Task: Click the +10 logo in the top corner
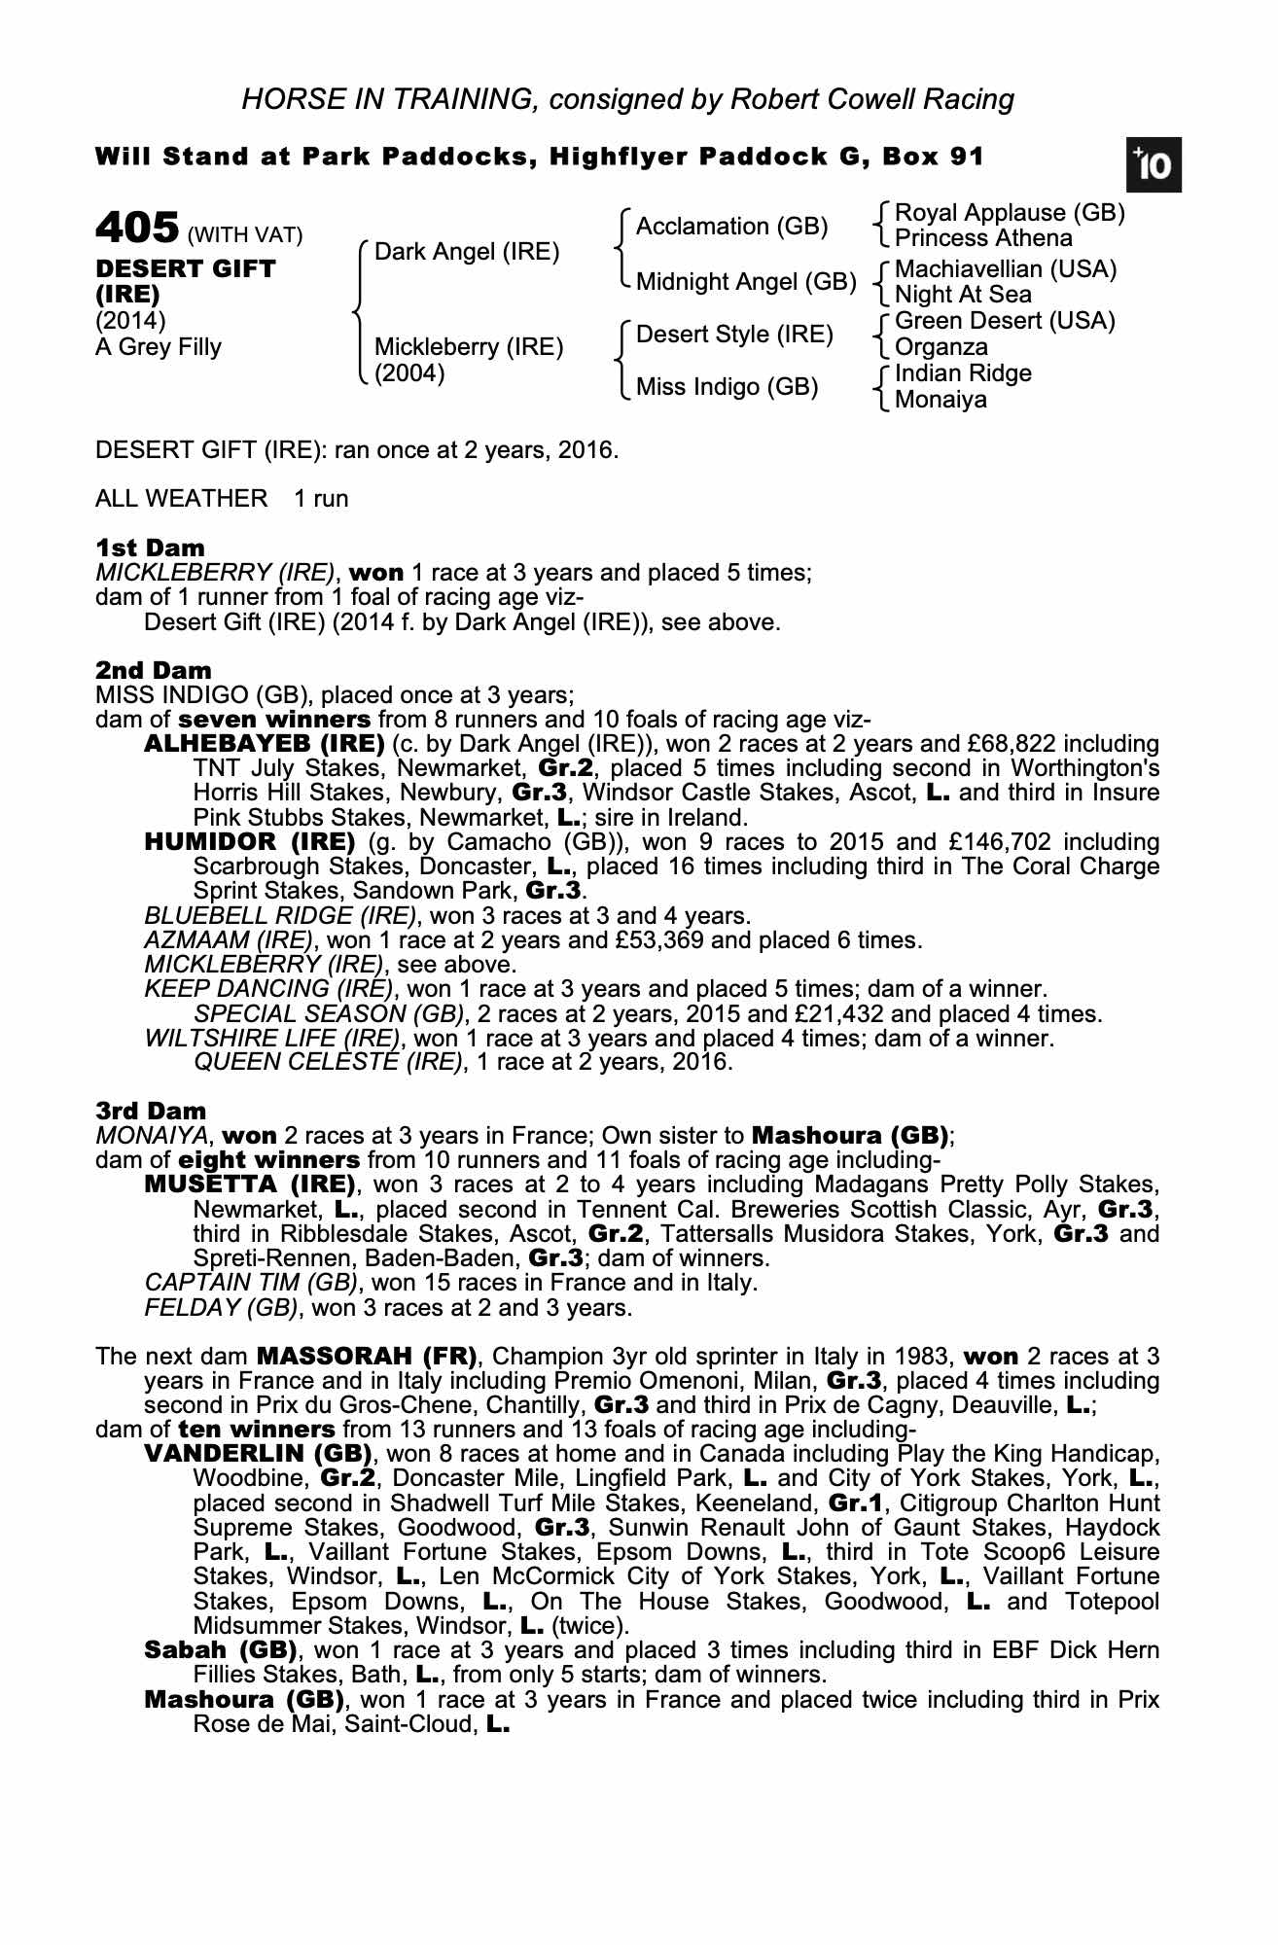(1154, 165)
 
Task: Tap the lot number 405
(137, 230)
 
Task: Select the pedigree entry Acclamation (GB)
(731, 227)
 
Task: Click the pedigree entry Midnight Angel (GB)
(746, 282)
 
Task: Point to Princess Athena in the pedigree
(983, 238)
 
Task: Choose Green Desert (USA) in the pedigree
(1005, 321)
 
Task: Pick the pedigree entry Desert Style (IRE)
(734, 335)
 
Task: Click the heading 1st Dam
(150, 548)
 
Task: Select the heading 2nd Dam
(153, 670)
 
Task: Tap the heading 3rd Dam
(151, 1111)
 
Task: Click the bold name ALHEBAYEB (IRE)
(264, 744)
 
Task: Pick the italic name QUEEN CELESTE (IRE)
(328, 1062)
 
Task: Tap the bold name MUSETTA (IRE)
(249, 1185)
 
